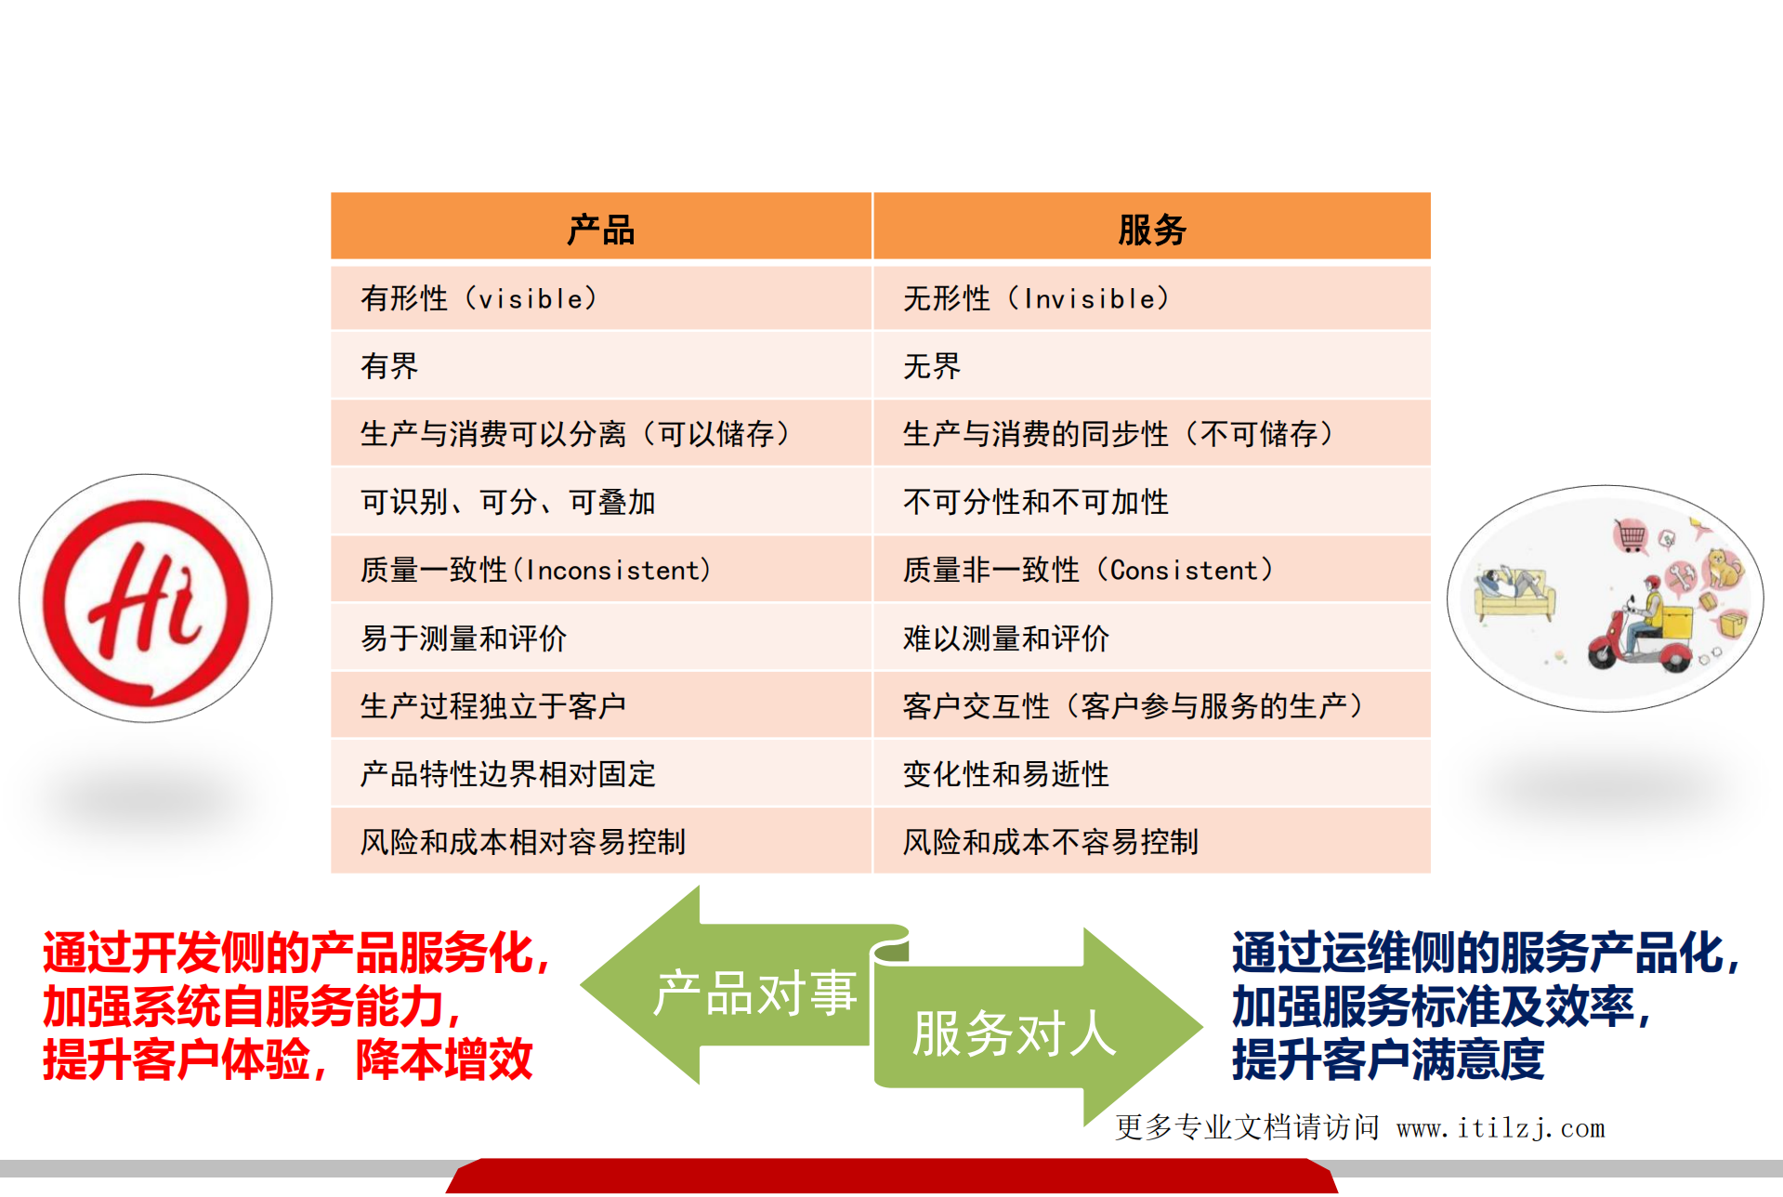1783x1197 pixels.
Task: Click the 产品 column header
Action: click(x=601, y=229)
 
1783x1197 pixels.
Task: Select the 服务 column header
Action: click(x=1151, y=229)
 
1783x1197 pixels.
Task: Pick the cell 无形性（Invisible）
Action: click(x=1036, y=298)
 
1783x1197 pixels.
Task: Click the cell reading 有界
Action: click(x=389, y=366)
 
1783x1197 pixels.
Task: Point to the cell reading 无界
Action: click(x=932, y=366)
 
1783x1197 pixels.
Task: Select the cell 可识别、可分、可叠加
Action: click(x=508, y=502)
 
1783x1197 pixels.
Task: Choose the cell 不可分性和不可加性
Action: click(x=1036, y=502)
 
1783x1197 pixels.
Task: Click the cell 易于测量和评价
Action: click(x=464, y=638)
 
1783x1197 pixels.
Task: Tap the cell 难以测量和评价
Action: click(x=1006, y=638)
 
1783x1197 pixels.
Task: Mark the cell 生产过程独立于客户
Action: click(x=493, y=706)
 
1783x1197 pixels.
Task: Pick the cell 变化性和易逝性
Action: click(x=1006, y=774)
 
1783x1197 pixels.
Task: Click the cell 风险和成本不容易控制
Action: click(x=1051, y=842)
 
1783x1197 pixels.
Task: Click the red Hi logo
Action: click(x=146, y=598)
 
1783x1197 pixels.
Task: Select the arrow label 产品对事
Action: click(x=754, y=993)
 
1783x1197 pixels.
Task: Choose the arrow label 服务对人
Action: click(x=1014, y=1033)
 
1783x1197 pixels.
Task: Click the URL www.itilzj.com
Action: click(x=1501, y=1128)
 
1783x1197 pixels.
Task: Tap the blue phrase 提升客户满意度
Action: click(x=1388, y=1059)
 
